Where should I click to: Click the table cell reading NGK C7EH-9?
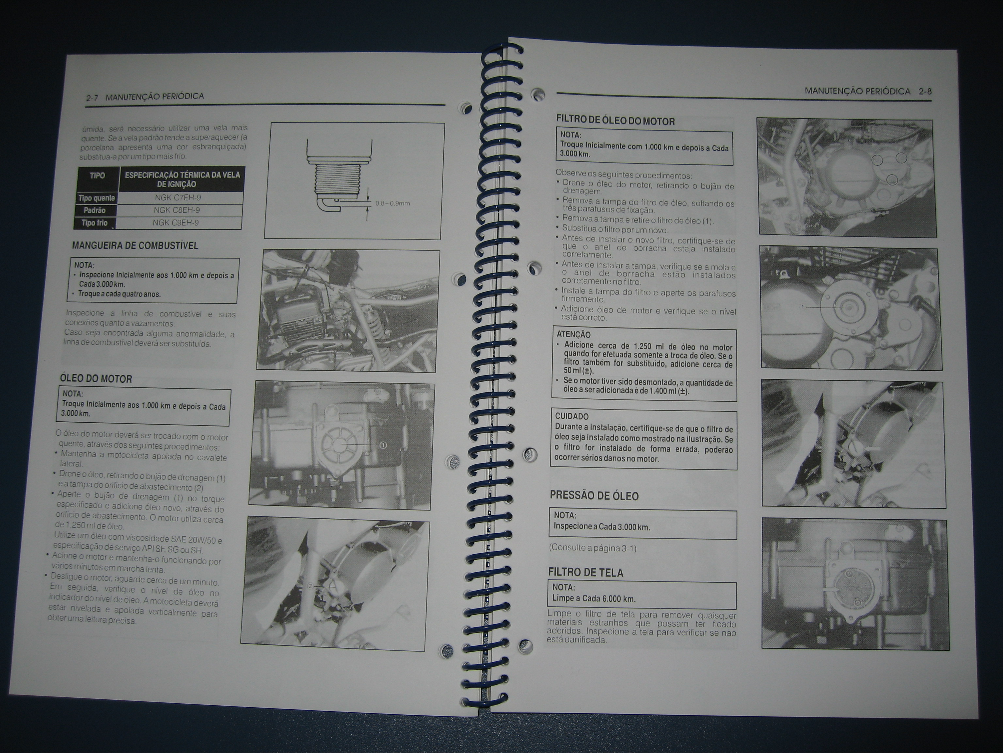(182, 198)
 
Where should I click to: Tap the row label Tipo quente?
(97, 198)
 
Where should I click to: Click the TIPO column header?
(98, 175)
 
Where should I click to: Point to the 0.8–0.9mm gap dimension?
(392, 203)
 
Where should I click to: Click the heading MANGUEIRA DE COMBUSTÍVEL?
(135, 245)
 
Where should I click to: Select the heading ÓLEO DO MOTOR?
(96, 378)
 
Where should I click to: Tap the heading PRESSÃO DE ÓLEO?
(594, 496)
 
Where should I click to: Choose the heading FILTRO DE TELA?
(585, 572)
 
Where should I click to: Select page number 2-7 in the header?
(92, 98)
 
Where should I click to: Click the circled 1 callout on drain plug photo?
(383, 445)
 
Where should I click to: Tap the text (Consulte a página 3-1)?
(592, 547)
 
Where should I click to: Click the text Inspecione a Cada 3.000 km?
(602, 527)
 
